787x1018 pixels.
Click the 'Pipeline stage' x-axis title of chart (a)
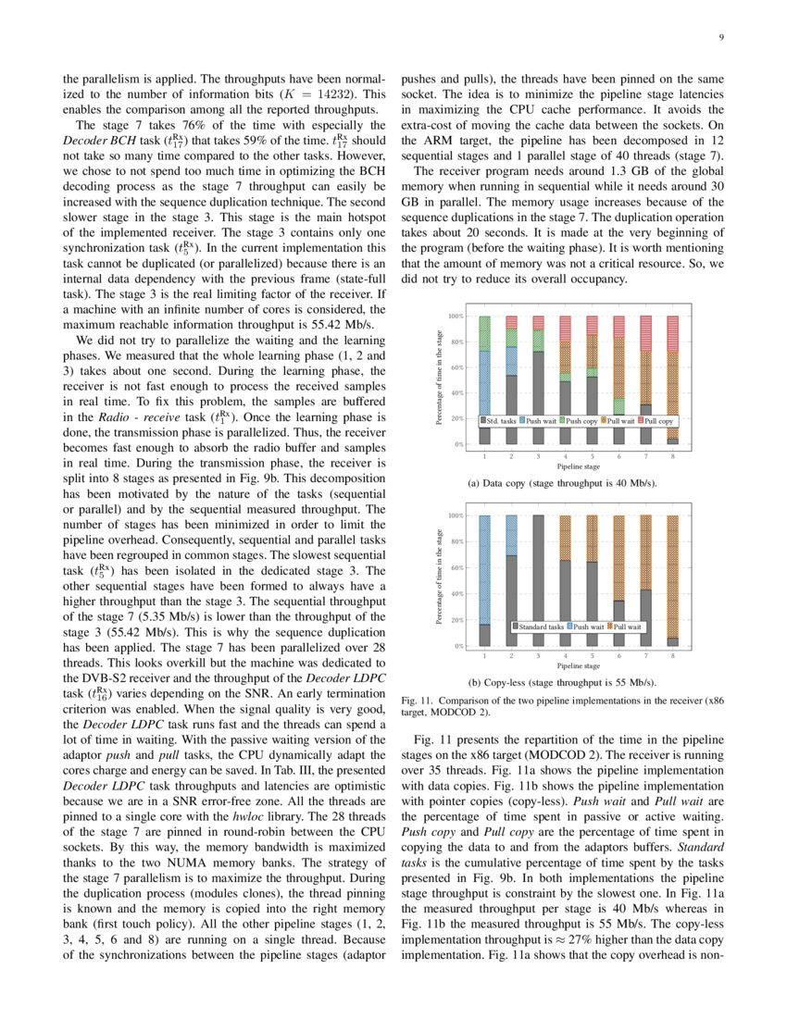coord(578,466)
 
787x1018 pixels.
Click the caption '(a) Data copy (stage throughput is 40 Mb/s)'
coord(578,484)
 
